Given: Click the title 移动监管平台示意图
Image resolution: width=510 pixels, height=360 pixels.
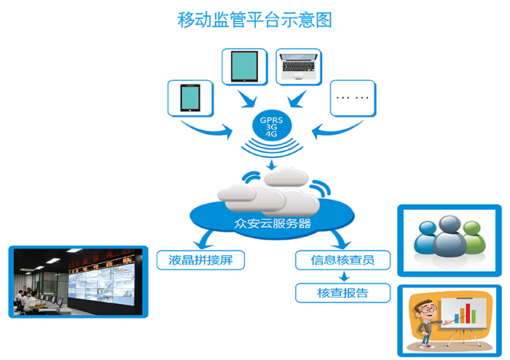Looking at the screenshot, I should tap(254, 20).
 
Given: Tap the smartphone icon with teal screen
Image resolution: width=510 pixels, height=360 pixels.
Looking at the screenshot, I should tap(189, 97).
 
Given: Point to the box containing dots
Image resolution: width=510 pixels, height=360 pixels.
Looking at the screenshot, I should tap(353, 97).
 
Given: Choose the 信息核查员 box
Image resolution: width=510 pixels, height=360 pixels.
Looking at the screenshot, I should tap(342, 259).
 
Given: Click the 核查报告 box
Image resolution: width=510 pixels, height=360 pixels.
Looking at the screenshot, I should tap(342, 293).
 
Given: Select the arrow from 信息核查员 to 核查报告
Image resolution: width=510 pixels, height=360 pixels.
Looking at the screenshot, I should tap(343, 276).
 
